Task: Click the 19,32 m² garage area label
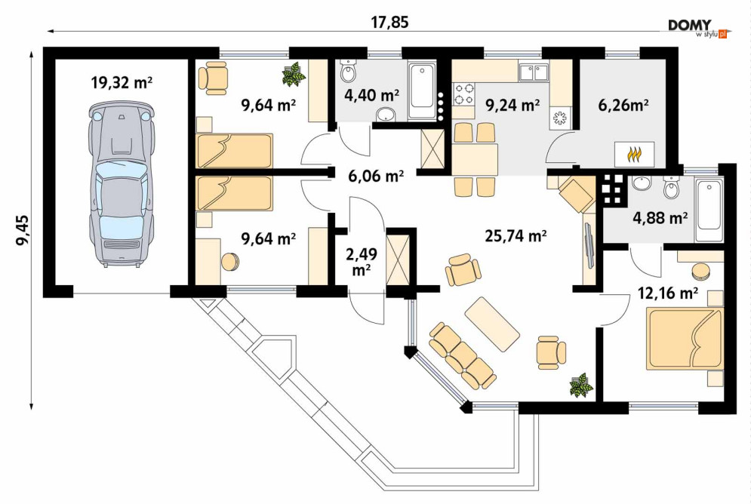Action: coord(122,83)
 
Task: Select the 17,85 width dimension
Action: coord(390,22)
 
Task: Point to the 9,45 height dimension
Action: coord(23,230)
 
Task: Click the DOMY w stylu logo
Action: coord(697,28)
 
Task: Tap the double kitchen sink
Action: coord(533,72)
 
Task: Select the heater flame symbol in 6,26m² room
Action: coord(634,154)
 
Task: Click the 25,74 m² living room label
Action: coord(516,235)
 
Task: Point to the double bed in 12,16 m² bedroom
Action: coord(684,339)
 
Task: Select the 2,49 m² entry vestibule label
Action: coord(362,262)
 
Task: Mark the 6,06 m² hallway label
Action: coord(376,176)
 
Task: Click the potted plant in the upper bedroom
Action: coord(294,75)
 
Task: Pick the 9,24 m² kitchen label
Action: coord(513,105)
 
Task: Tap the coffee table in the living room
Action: coord(492,324)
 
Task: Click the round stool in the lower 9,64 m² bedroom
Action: coord(230,261)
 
